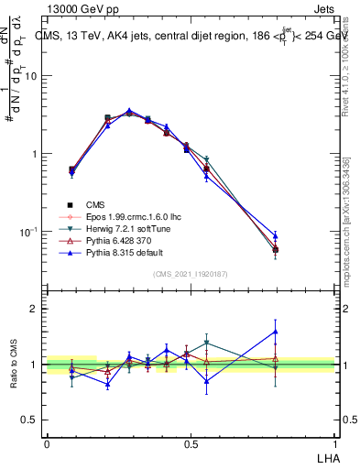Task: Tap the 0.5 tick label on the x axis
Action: pyautogui.click(x=191, y=443)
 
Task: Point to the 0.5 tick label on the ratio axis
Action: pyautogui.click(x=30, y=420)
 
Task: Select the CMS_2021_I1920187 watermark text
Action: pyautogui.click(x=190, y=275)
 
